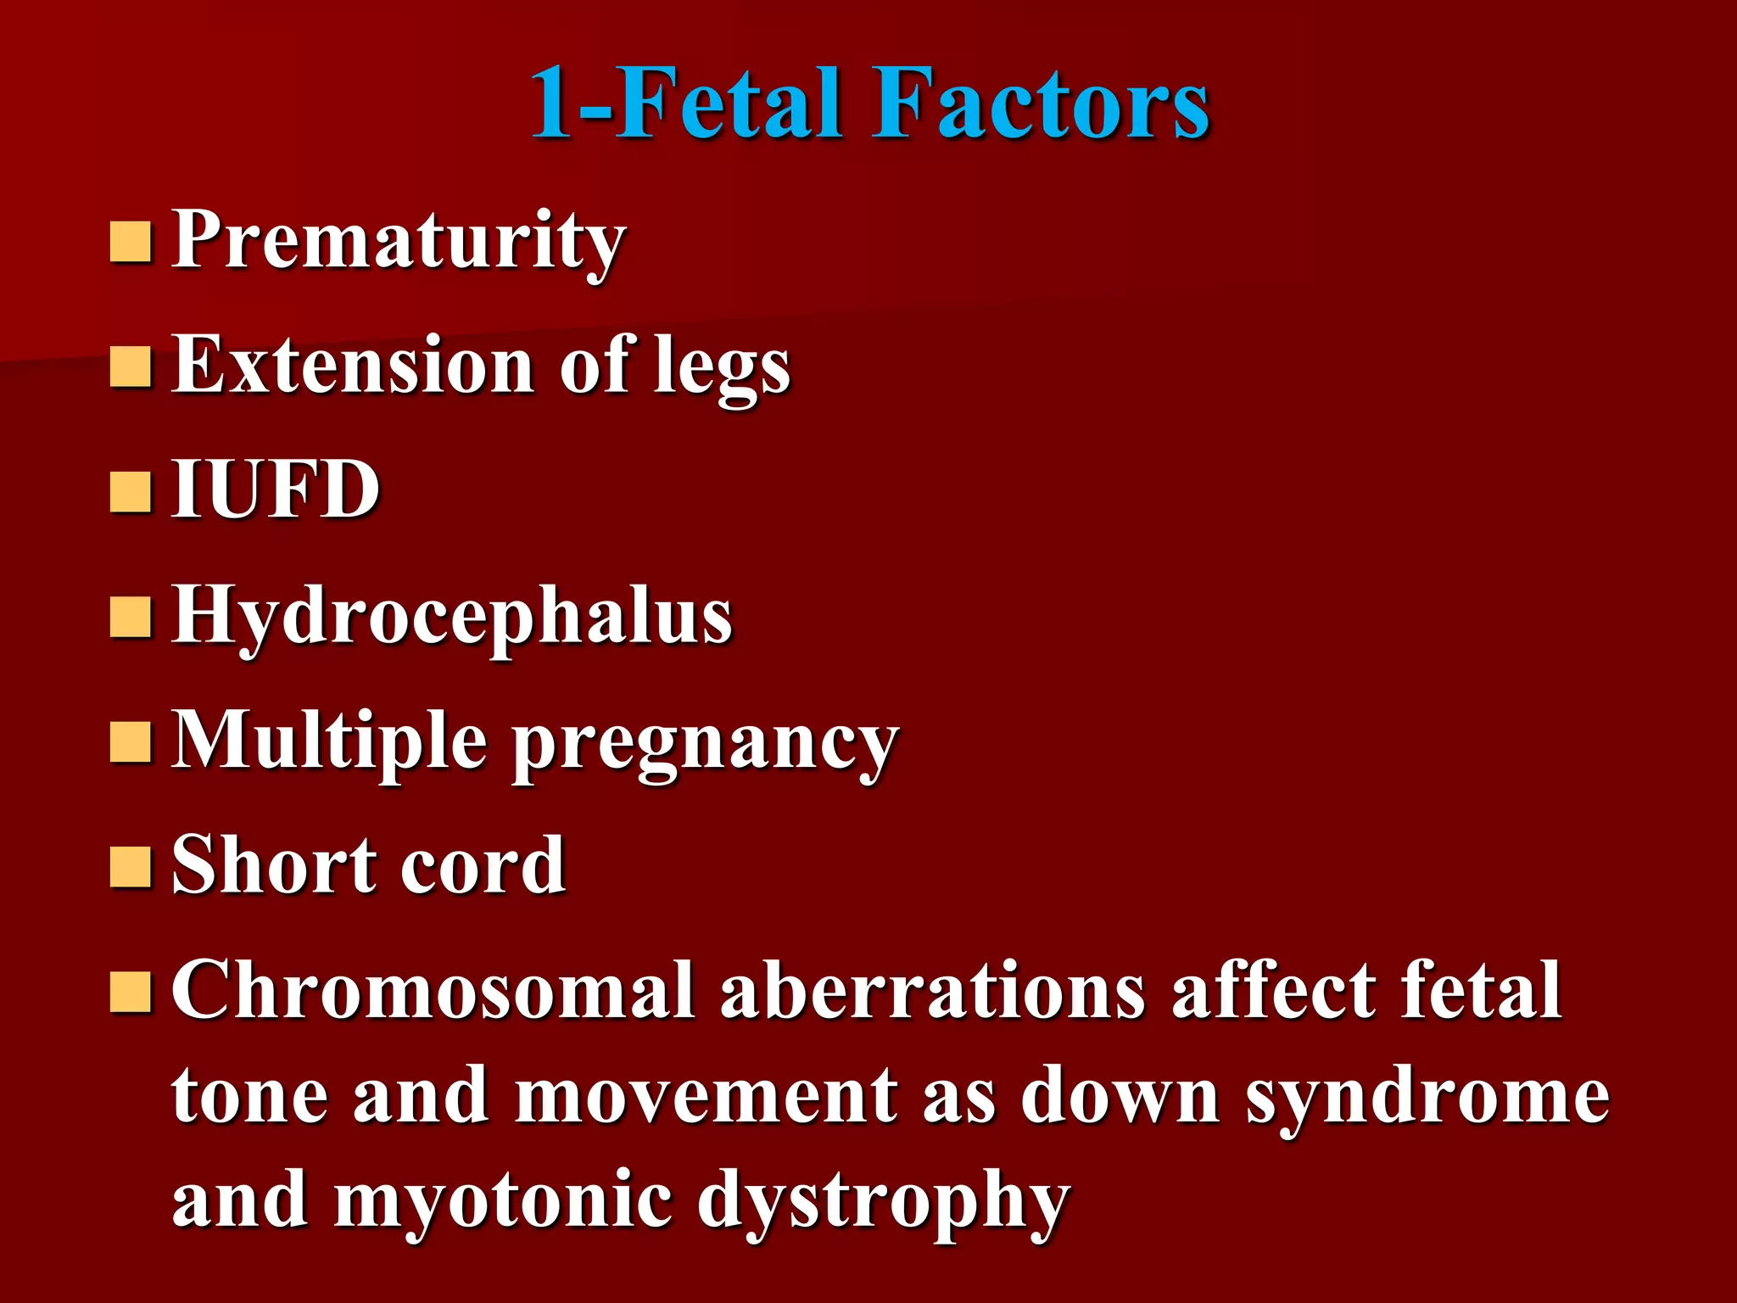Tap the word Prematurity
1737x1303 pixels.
[399, 242]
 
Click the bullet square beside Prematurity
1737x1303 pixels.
[131, 242]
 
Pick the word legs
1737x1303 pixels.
[722, 369]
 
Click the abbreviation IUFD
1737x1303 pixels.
[276, 489]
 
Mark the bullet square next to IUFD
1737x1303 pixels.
[131, 492]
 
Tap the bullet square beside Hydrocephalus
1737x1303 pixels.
[131, 617]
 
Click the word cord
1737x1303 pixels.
[483, 864]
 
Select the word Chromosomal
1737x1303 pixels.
[433, 990]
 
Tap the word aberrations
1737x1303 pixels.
[933, 990]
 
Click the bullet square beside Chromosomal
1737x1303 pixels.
[131, 991]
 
